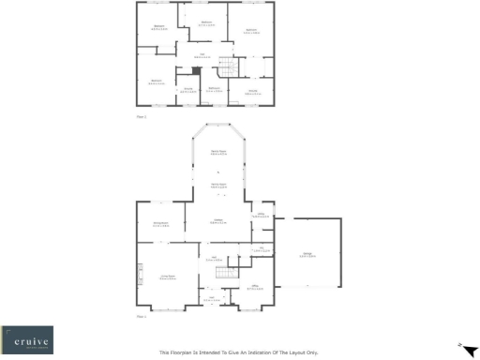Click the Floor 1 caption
coord(142,317)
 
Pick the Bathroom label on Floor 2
coord(214,89)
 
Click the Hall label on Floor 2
coord(204,55)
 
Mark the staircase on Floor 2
coord(227,70)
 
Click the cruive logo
coord(27,338)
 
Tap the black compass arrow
coord(459,346)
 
